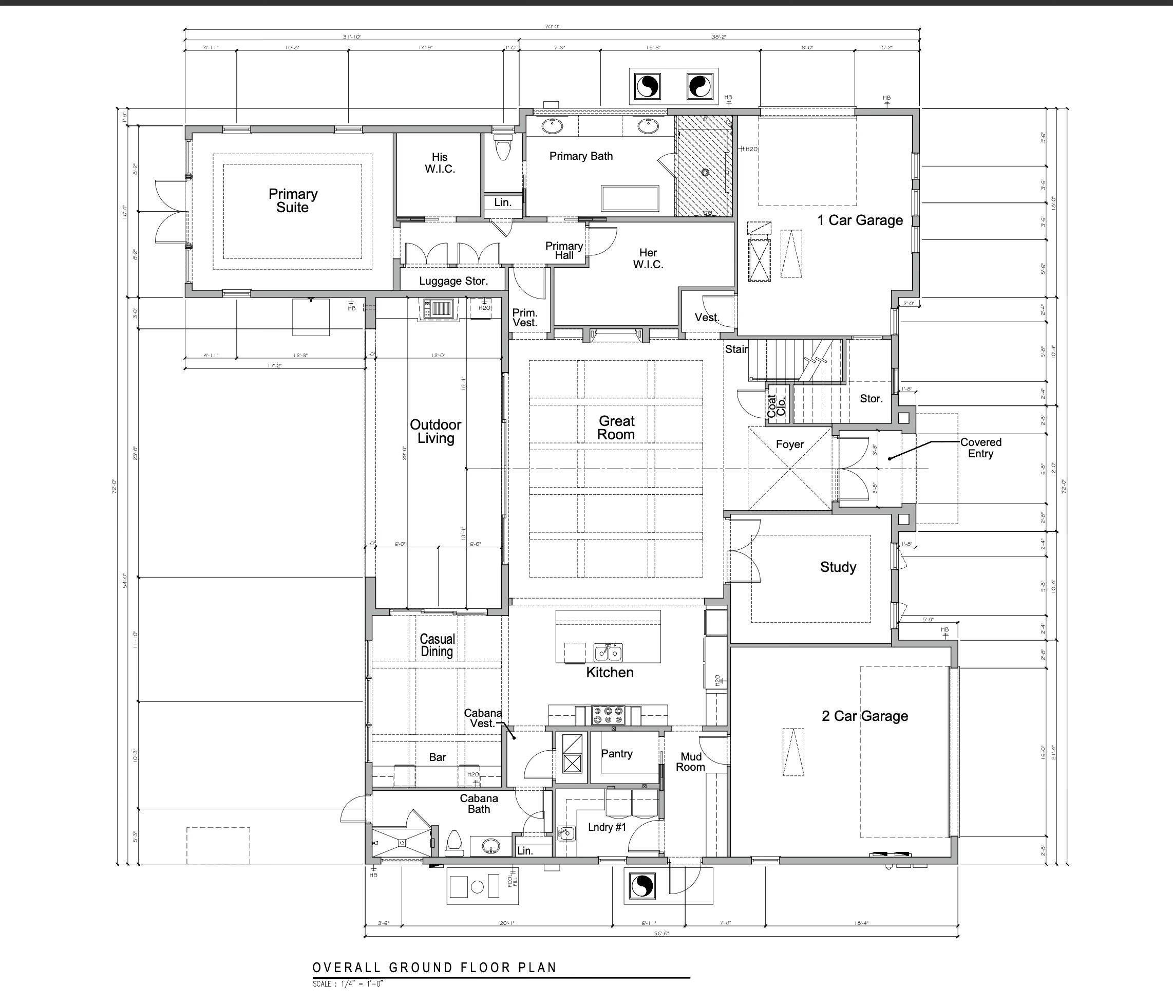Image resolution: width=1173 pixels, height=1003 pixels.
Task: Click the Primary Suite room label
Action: (x=293, y=200)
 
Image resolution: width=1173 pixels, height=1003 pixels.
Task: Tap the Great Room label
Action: (x=616, y=428)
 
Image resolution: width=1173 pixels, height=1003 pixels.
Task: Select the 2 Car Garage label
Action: (x=864, y=716)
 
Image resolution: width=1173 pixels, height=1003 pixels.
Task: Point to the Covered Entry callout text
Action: (x=980, y=448)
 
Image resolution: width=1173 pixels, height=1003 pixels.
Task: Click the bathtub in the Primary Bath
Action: (x=630, y=198)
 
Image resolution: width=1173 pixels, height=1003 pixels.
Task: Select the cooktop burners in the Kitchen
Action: (x=608, y=715)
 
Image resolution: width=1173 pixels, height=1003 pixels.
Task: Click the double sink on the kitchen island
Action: (x=608, y=653)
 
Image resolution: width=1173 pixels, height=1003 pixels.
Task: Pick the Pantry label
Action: (x=616, y=753)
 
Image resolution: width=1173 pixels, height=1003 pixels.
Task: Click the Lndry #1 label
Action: (x=607, y=827)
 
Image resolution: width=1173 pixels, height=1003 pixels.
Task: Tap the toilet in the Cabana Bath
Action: (x=455, y=842)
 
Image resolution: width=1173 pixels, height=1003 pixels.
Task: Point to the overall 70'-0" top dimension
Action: (x=552, y=27)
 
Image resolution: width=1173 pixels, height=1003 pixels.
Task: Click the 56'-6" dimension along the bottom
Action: (x=661, y=933)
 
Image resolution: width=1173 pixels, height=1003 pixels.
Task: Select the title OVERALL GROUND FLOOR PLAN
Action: (x=434, y=968)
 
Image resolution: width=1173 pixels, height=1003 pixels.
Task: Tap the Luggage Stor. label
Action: (x=453, y=281)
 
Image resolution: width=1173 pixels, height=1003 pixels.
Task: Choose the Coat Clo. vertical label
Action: (x=776, y=405)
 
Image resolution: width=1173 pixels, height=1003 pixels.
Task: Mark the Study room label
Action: (x=838, y=567)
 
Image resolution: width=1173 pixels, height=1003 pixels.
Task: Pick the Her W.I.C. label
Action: (x=648, y=258)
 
